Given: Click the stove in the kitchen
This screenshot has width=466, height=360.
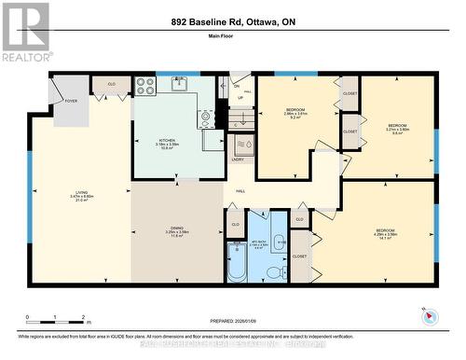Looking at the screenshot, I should click(145, 86).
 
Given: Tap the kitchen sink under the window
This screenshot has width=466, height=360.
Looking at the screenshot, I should click(177, 85).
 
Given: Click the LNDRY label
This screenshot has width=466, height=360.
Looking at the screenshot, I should click(238, 159).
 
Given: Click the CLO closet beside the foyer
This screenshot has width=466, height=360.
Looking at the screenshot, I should click(112, 85).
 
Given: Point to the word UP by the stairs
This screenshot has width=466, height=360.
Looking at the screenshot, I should click(241, 97).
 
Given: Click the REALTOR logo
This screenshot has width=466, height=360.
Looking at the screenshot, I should click(25, 32).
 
